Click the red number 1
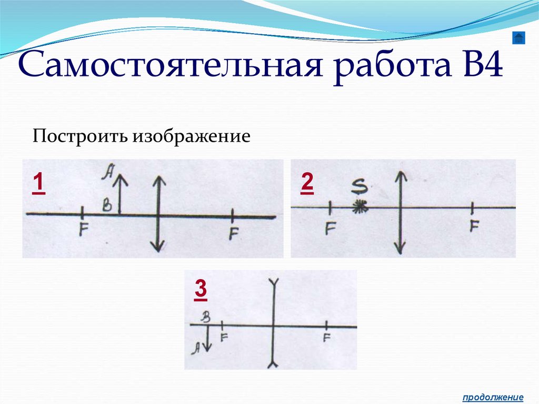pos(38,185)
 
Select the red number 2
pos(307,184)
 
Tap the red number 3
pos(201,289)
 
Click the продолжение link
pos(493,397)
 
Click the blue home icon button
pos(519,38)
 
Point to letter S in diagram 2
pos(359,186)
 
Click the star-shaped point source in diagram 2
pos(360,206)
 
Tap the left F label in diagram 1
pos(83,230)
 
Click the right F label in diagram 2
pos(474,226)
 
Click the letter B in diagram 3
pos(206,317)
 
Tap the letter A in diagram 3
pos(196,346)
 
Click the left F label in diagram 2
pos(330,228)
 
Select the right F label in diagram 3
pos(327,338)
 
